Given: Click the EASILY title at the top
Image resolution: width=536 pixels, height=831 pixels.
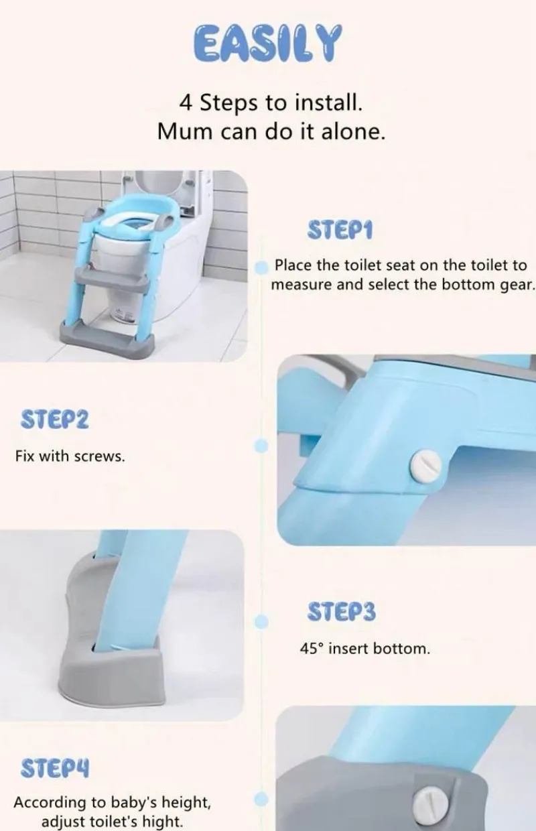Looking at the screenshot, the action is (268, 43).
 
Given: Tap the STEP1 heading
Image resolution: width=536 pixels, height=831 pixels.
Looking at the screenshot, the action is (340, 231).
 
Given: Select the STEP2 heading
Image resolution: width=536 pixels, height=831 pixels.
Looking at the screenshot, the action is (55, 420).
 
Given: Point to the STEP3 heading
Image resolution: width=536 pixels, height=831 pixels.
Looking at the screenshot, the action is (342, 612).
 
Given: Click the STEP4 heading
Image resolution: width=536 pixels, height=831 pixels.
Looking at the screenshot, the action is (55, 768).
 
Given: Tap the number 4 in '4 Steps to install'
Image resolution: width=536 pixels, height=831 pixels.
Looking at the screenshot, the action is (186, 103).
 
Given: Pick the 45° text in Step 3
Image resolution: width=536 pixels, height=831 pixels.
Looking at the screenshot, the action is (312, 649).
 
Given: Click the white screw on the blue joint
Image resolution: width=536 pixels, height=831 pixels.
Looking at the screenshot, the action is (425, 465).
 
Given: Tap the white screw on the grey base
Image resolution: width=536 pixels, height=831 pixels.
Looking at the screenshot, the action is (431, 804).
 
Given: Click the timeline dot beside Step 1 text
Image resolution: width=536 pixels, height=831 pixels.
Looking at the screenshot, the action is (262, 268).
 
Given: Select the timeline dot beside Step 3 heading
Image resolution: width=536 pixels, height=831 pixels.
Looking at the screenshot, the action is (262, 622).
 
